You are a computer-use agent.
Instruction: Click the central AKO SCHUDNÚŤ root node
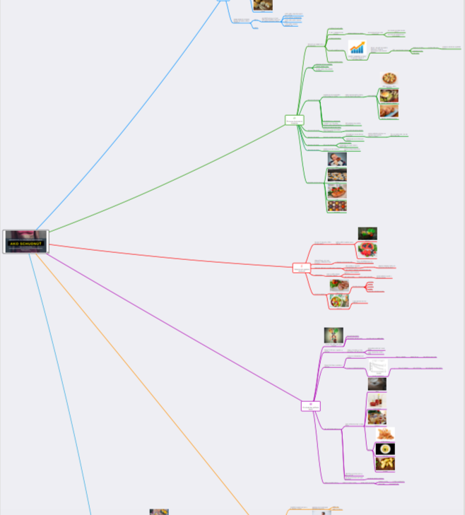click(x=25, y=242)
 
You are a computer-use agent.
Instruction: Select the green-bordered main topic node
click(x=294, y=120)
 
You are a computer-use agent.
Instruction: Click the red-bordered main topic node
click(x=302, y=268)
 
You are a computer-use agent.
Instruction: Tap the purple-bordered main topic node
click(x=310, y=406)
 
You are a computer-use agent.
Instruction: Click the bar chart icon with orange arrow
click(x=358, y=48)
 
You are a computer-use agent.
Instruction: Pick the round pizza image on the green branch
click(x=389, y=78)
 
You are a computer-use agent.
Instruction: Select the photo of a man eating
click(x=337, y=159)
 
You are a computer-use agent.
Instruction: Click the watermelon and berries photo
click(x=367, y=249)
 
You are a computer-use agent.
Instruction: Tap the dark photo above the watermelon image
click(x=367, y=233)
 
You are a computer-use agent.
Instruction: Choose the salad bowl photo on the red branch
click(x=339, y=300)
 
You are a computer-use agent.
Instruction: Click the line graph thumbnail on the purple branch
click(x=378, y=367)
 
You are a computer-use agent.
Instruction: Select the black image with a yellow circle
click(x=385, y=449)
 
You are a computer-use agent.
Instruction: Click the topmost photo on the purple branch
click(x=334, y=335)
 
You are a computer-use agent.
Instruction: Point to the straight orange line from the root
click(x=141, y=381)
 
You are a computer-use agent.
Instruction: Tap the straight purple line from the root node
click(x=177, y=328)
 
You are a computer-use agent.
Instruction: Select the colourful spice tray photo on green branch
click(x=337, y=206)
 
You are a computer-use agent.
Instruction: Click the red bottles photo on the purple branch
click(x=377, y=401)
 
